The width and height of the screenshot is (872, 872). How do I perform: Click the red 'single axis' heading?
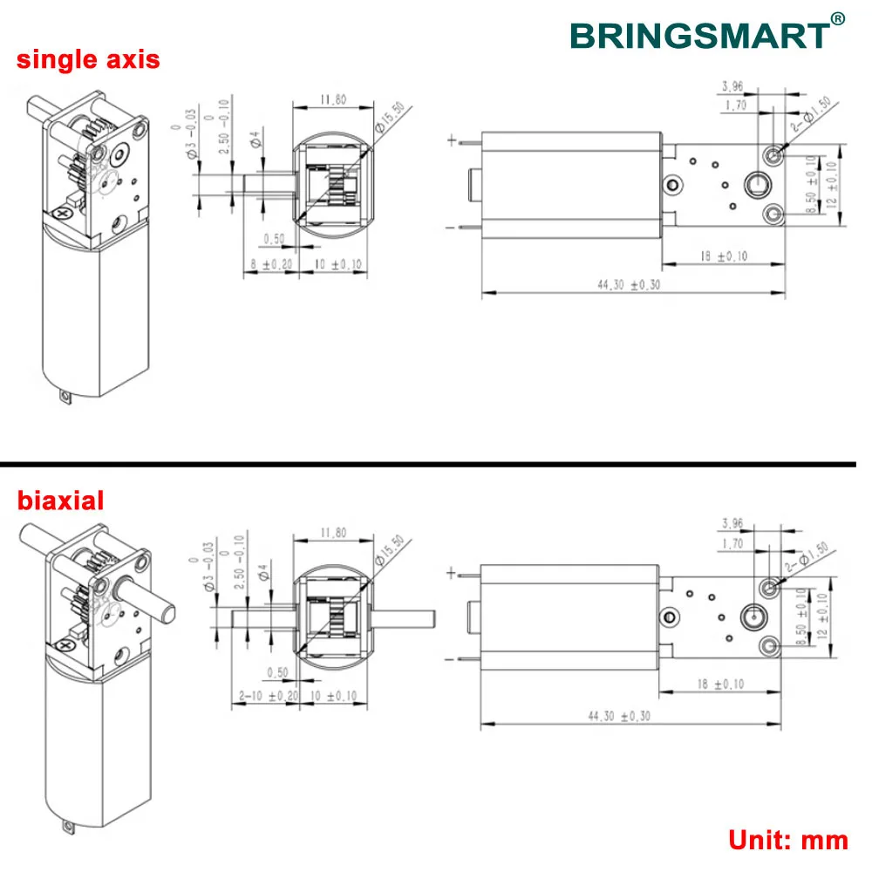pos(89,59)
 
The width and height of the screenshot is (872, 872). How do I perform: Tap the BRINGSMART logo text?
pos(698,36)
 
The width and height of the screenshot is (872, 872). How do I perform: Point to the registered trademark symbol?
pos(837,17)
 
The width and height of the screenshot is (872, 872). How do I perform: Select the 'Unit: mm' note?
pos(788,840)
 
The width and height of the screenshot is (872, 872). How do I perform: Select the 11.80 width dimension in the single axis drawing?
pos(333,100)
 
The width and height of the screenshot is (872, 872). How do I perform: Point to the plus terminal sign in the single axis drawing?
pos(451,140)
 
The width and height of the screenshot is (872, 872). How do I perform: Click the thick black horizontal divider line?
pos(436,463)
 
